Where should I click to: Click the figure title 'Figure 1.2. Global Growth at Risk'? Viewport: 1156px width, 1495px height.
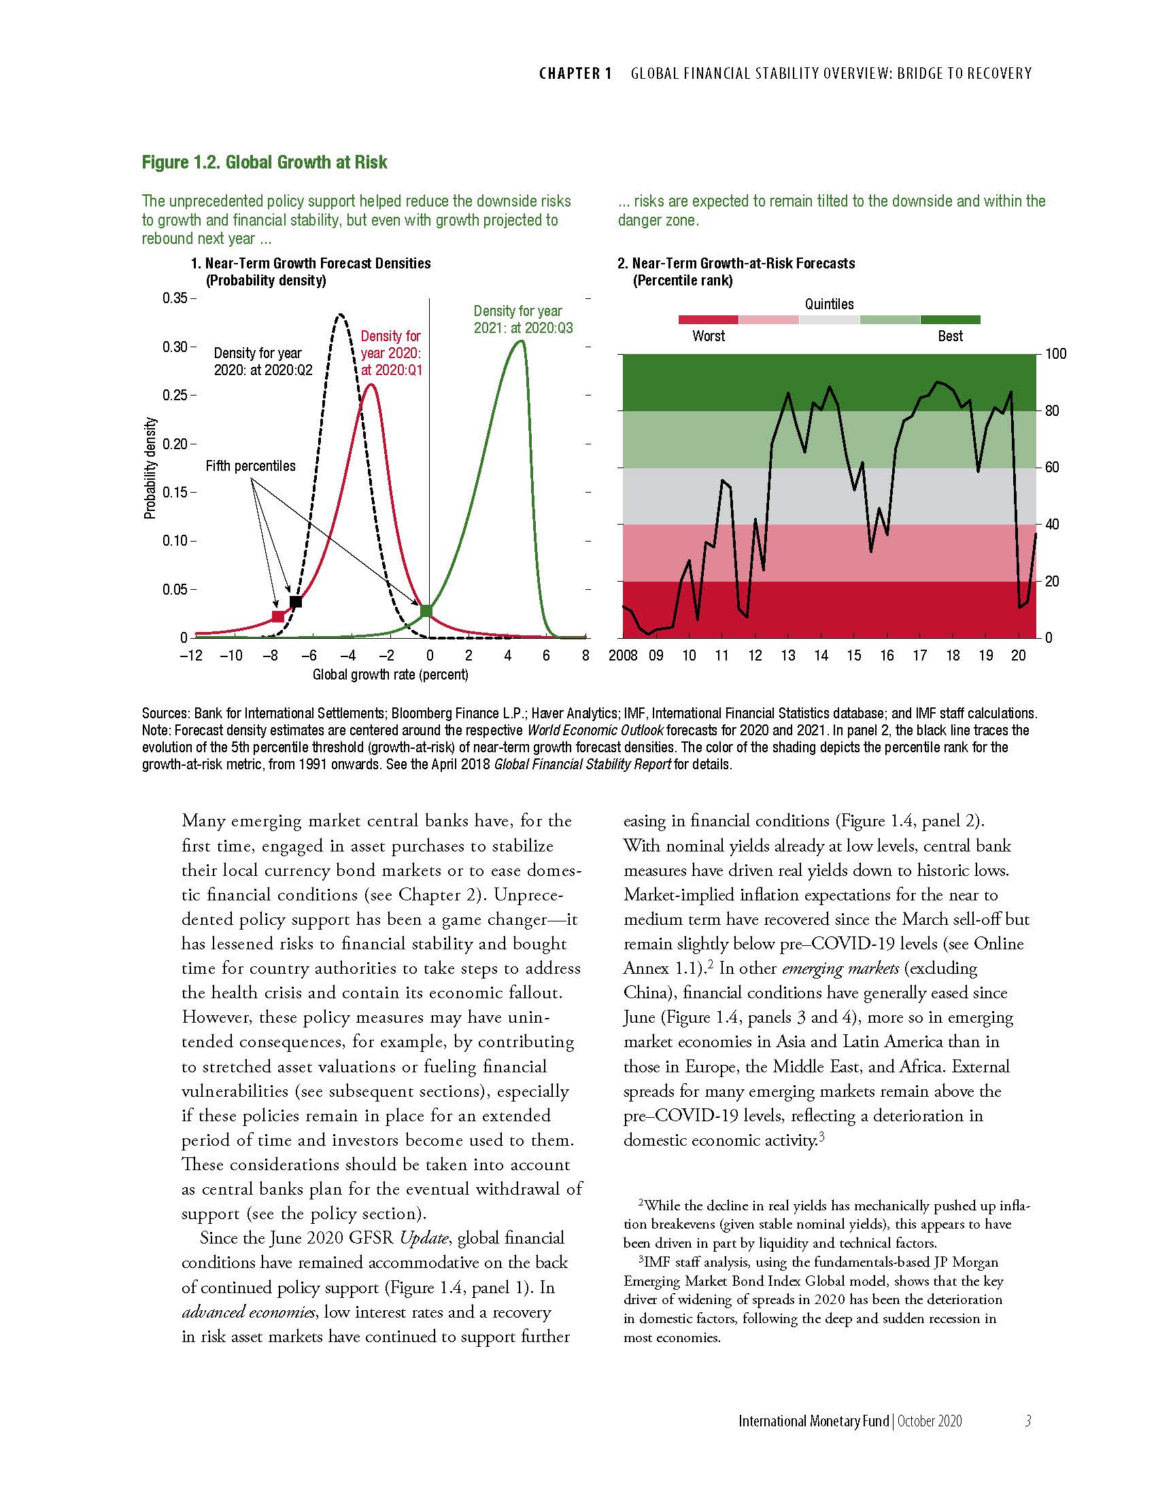[265, 162]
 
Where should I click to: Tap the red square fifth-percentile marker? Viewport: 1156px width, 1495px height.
[278, 617]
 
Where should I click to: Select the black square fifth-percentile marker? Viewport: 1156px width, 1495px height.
[296, 601]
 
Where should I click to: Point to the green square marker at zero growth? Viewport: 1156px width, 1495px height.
[426, 611]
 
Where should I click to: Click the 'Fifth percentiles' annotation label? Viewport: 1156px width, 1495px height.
[251, 466]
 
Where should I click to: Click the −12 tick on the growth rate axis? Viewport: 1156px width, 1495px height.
[191, 656]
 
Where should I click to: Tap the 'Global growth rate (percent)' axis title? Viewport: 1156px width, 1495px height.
[390, 675]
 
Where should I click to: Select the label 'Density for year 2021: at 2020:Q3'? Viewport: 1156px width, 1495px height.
[522, 319]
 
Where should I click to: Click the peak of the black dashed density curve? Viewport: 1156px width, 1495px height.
[340, 315]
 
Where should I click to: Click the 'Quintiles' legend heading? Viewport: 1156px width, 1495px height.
[829, 304]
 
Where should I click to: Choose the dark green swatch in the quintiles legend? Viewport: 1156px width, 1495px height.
[950, 319]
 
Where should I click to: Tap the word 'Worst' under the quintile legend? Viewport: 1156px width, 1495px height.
[708, 336]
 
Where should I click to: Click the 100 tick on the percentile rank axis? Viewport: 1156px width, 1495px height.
[1055, 354]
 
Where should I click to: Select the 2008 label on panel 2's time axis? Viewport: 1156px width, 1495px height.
[622, 656]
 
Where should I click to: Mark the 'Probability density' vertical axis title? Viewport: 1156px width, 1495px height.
[150, 468]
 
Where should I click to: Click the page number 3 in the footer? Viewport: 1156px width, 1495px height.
[1027, 1421]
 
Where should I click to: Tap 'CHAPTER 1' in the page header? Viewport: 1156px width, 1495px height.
[575, 73]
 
